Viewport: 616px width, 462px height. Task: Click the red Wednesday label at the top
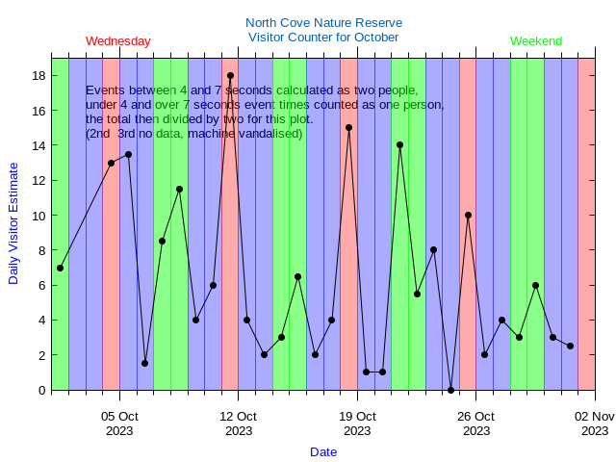click(x=117, y=41)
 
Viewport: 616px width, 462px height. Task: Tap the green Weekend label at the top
click(x=536, y=41)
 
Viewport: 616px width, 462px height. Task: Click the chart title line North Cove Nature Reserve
click(x=323, y=22)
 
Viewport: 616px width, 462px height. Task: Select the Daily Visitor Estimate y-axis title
click(x=13, y=222)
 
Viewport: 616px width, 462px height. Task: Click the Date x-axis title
click(x=323, y=451)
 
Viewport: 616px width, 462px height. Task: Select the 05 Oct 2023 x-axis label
click(x=120, y=423)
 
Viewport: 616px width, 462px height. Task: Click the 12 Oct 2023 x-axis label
click(x=239, y=423)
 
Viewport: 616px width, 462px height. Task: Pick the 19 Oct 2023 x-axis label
click(x=357, y=423)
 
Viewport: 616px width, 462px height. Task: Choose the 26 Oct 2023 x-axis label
click(x=475, y=423)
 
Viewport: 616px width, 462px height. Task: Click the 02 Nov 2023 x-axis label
click(x=595, y=423)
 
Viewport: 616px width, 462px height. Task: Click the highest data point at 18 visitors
click(x=230, y=75)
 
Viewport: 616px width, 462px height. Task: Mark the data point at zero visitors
click(x=450, y=390)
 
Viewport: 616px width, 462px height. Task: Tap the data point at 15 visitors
click(x=348, y=127)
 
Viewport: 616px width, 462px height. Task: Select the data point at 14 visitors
click(x=399, y=144)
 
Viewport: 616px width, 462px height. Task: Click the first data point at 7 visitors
click(x=60, y=268)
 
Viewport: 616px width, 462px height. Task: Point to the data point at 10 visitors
click(x=468, y=215)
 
